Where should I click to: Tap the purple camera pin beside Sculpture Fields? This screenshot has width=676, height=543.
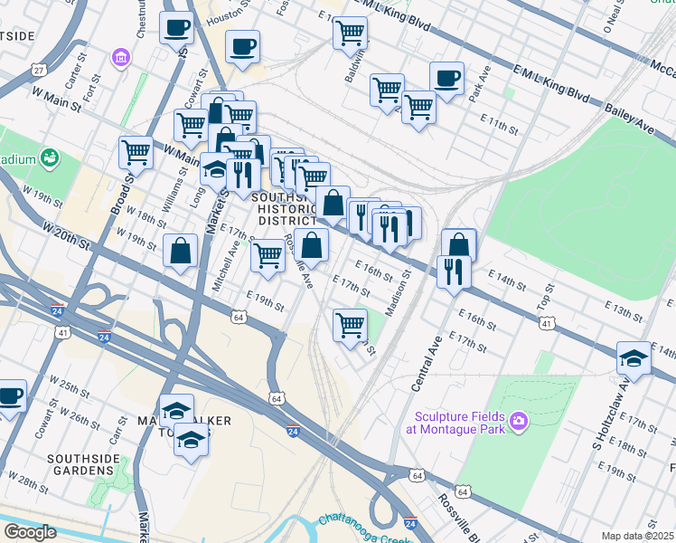[518, 420]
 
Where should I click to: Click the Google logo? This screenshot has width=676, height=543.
[29, 532]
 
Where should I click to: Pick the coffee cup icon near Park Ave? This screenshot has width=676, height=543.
[446, 78]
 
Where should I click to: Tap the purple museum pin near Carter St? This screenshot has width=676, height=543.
[119, 59]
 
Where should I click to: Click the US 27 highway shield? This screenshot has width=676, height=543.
[38, 70]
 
